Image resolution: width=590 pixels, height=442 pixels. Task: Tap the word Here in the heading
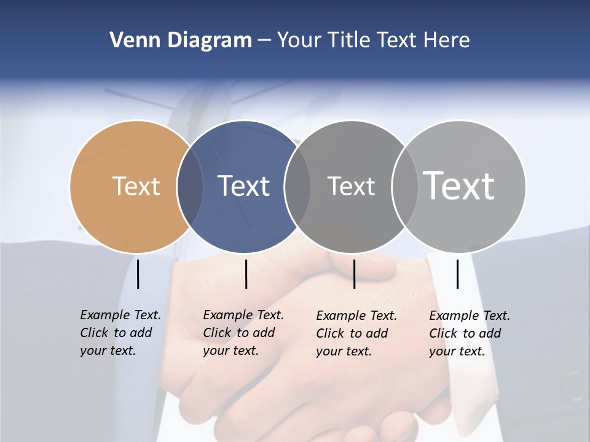(447, 41)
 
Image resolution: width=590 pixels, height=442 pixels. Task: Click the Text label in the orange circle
(136, 186)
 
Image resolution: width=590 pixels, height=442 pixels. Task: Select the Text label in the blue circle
(243, 186)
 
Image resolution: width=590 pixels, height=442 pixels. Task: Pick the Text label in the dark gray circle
(351, 186)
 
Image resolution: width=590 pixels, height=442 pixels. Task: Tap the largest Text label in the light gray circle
(459, 185)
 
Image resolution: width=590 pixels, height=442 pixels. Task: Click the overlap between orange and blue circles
(190, 186)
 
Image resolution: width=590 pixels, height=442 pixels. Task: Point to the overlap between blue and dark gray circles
(297, 186)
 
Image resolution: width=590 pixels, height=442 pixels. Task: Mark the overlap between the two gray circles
(404, 186)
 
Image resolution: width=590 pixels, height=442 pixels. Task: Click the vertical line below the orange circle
(138, 274)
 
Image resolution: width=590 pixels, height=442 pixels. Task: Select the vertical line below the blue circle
(246, 274)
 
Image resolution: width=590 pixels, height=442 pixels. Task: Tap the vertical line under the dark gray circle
(354, 274)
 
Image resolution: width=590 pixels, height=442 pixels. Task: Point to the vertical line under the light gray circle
(457, 274)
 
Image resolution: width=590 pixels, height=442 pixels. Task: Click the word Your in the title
(299, 41)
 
